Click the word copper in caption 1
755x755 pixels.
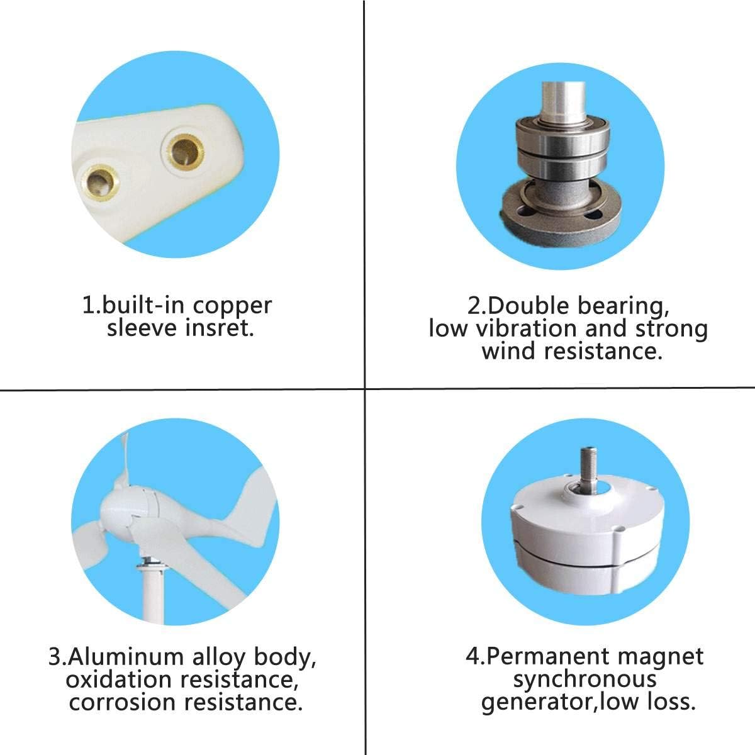coord(232,306)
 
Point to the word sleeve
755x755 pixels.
coord(142,328)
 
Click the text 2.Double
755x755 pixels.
coord(508,306)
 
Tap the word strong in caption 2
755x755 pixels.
coord(671,328)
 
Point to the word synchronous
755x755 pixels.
coord(584,679)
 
